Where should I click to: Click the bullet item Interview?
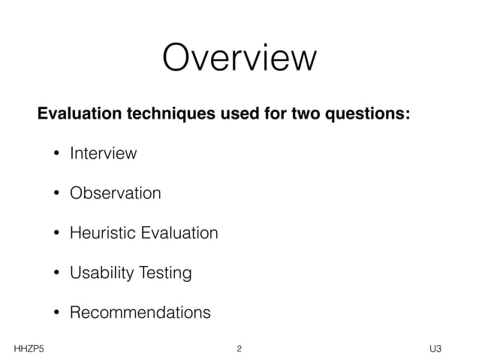click(x=103, y=154)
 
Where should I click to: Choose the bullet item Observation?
click(x=115, y=193)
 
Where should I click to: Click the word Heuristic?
click(x=100, y=233)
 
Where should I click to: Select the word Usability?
click(x=99, y=273)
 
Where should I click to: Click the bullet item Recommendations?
click(x=140, y=312)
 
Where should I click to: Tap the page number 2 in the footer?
click(x=239, y=349)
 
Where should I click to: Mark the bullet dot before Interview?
click(x=56, y=155)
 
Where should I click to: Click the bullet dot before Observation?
click(x=56, y=194)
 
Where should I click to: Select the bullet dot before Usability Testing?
click(x=56, y=273)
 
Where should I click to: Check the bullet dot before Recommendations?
click(x=56, y=313)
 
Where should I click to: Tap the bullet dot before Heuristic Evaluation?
click(x=56, y=234)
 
